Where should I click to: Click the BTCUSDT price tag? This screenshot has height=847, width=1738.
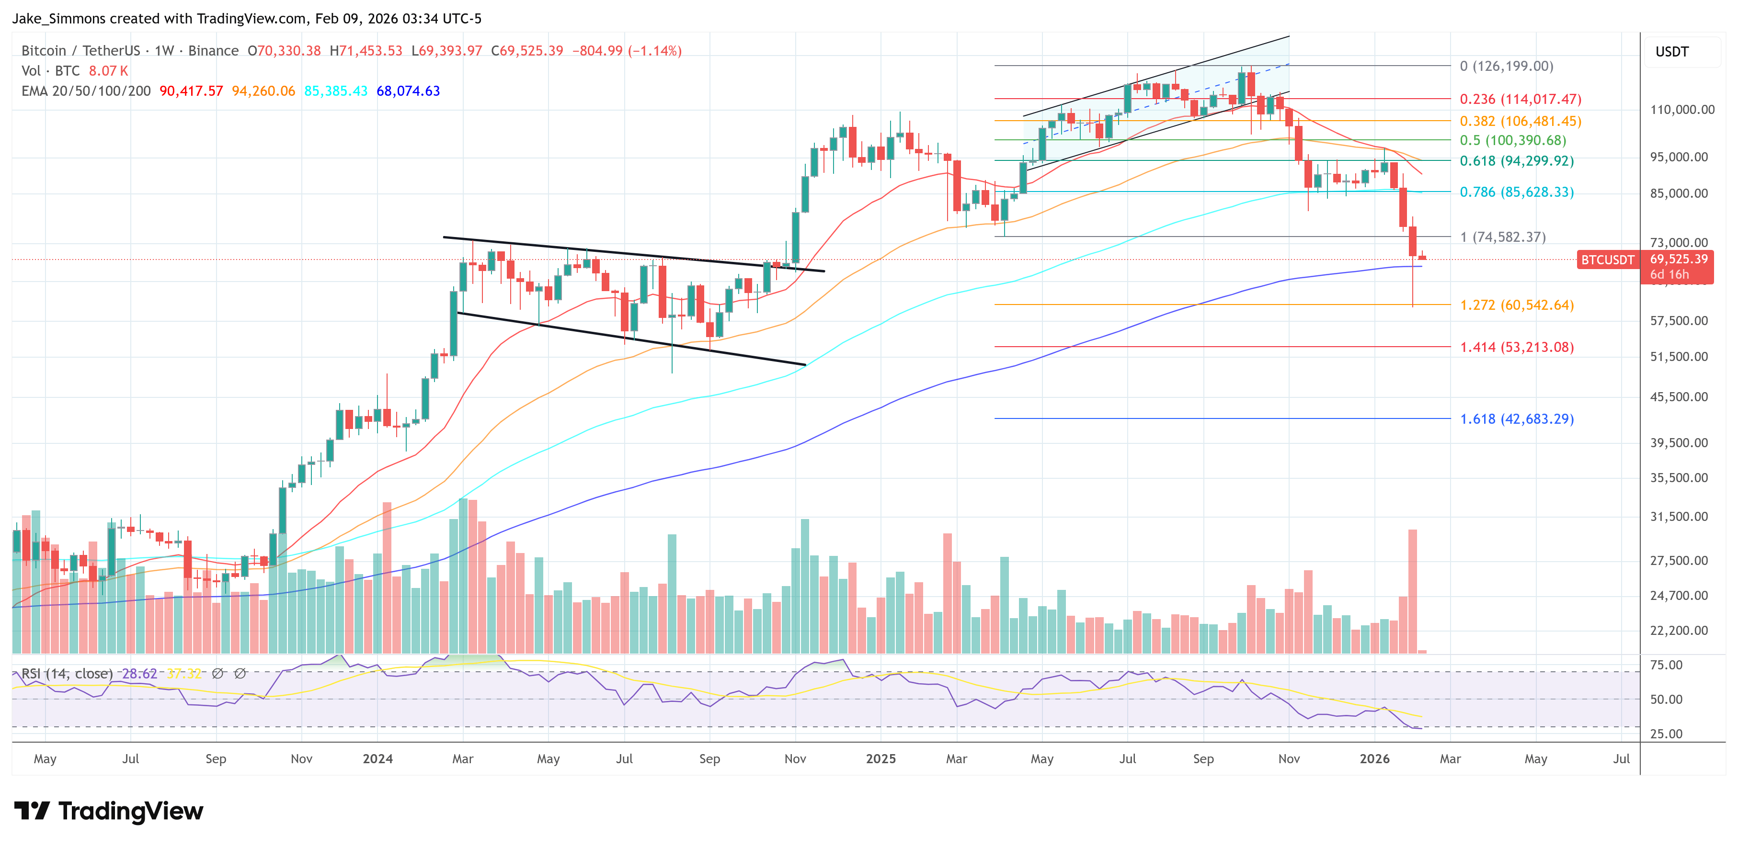pyautogui.click(x=1607, y=260)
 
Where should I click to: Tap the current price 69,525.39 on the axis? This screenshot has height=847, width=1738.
pyautogui.click(x=1678, y=259)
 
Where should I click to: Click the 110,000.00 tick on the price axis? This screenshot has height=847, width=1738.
pyautogui.click(x=1681, y=109)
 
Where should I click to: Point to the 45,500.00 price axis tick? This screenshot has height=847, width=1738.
pyautogui.click(x=1679, y=396)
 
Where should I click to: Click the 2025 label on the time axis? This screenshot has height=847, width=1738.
pyautogui.click(x=880, y=758)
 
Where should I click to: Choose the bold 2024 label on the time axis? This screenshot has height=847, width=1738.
pyautogui.click(x=377, y=758)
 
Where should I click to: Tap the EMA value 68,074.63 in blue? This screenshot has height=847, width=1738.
pyautogui.click(x=408, y=91)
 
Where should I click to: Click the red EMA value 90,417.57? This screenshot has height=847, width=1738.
pyautogui.click(x=191, y=91)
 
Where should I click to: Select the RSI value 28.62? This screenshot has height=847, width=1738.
pyautogui.click(x=139, y=674)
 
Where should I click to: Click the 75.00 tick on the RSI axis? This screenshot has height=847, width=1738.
pyautogui.click(x=1666, y=665)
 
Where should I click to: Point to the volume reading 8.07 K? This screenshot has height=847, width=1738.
pyautogui.click(x=108, y=71)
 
